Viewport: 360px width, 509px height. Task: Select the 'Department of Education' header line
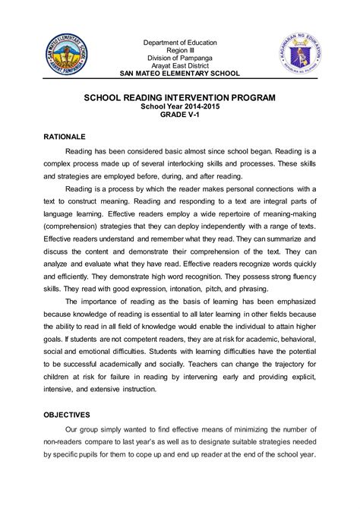[x=180, y=43]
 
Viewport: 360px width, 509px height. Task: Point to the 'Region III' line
[x=180, y=50]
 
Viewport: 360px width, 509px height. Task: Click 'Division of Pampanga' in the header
[x=180, y=58]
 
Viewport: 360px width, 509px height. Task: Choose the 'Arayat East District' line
[x=180, y=65]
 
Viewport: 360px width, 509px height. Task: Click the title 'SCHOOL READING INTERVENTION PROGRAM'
[x=180, y=99]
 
